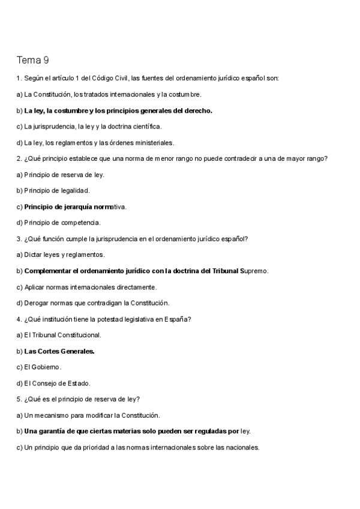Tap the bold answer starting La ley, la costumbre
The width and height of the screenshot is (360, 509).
coord(118,110)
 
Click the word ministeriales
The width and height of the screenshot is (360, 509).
coord(155,143)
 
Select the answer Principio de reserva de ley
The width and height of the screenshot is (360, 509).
coord(64,175)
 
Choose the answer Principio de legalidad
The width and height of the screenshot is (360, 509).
coord(57,190)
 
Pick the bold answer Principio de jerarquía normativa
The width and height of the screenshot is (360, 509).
coord(75,206)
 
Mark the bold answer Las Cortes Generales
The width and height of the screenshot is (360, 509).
coord(59,351)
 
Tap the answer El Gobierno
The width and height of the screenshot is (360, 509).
coord(43,367)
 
